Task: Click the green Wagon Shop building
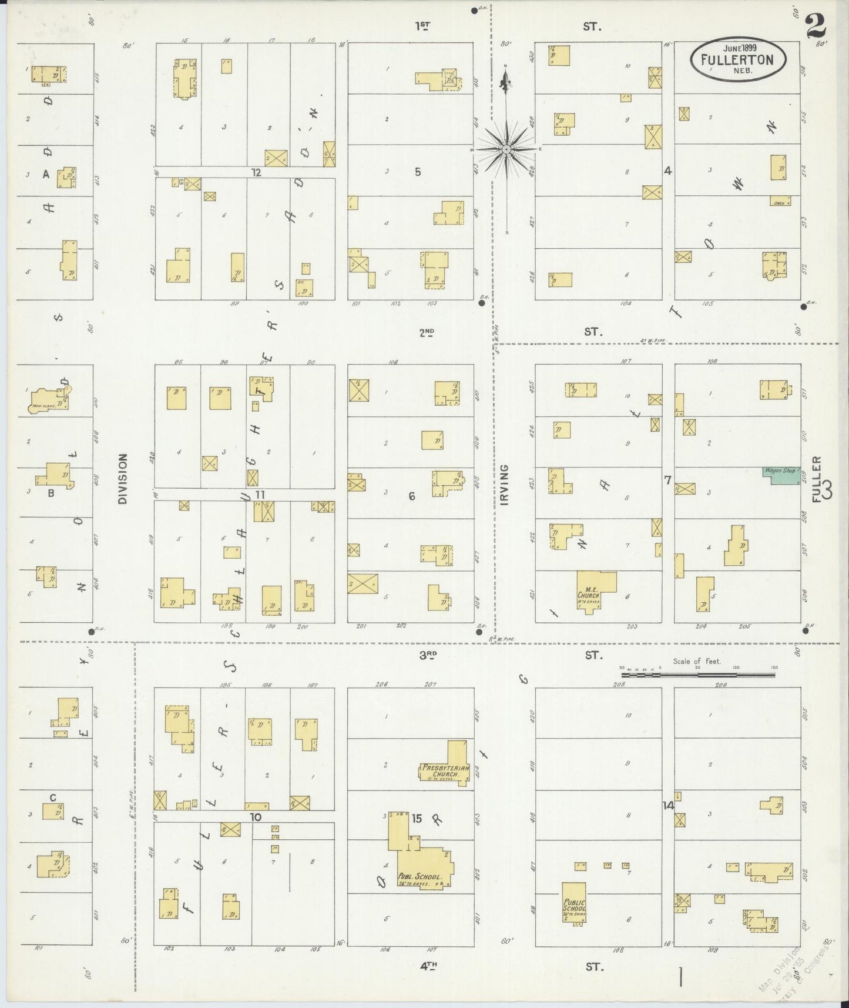[783, 476]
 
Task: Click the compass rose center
[506, 150]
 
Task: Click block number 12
[256, 172]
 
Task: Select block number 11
[260, 495]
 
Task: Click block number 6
[412, 496]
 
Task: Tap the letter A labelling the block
[46, 174]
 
